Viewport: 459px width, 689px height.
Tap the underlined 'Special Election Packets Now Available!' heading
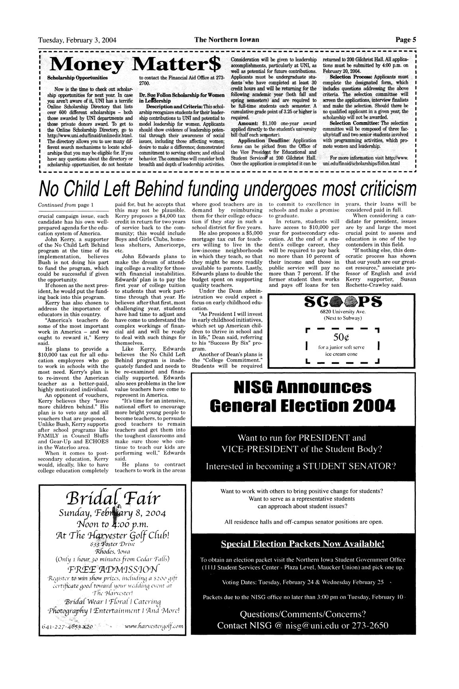(303, 544)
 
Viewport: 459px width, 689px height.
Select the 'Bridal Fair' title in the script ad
(110, 498)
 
